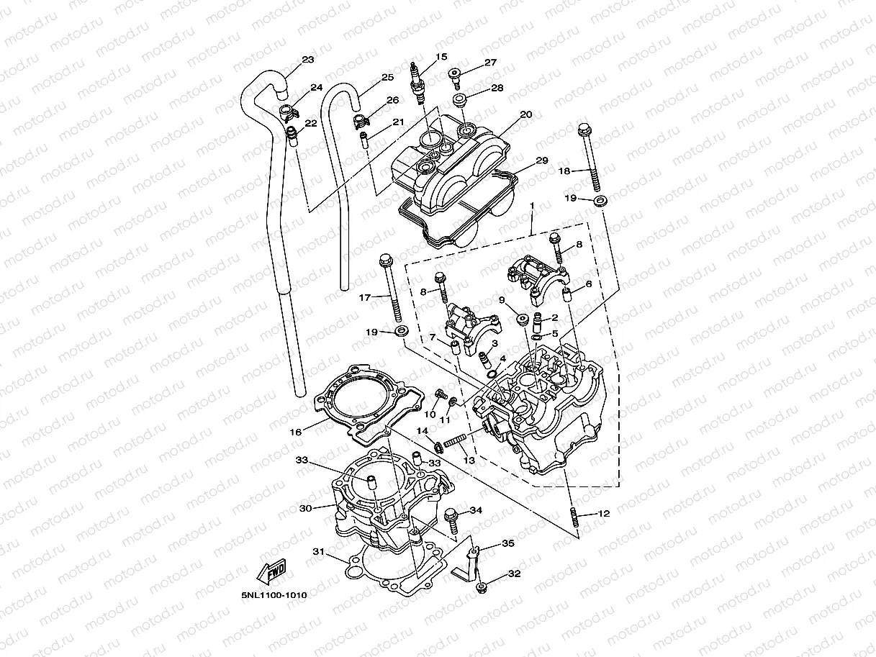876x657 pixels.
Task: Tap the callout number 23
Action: click(308, 60)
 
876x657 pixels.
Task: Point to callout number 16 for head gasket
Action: click(295, 432)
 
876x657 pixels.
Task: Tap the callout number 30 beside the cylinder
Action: click(304, 508)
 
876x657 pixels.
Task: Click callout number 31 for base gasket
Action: click(318, 552)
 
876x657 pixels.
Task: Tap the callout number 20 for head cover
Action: click(525, 114)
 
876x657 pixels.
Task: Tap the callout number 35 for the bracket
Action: click(508, 544)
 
